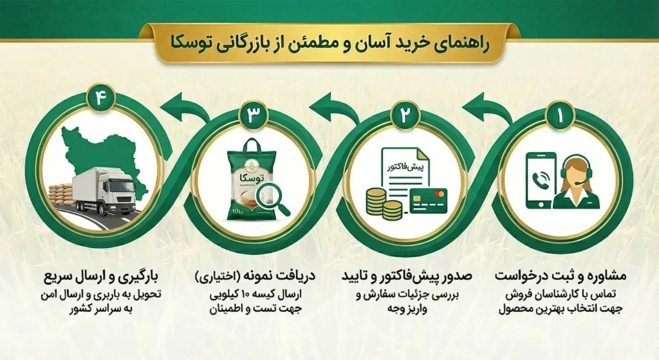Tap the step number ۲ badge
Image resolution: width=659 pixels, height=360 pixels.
(405, 115)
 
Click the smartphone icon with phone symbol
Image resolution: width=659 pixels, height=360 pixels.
(541, 180)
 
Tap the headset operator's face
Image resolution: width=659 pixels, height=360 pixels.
(576, 172)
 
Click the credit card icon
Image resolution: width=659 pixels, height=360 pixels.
(428, 200)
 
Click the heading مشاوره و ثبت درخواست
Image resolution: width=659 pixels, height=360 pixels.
(561, 276)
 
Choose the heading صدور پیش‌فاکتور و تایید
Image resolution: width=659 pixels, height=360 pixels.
(407, 276)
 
